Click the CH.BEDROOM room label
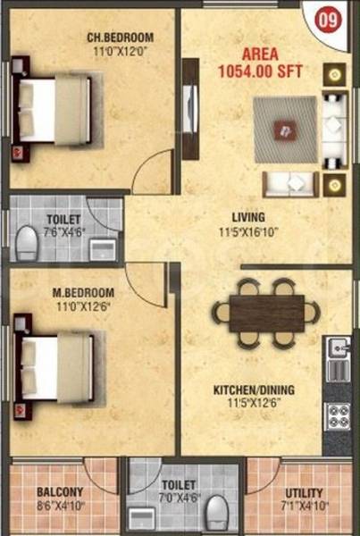120,38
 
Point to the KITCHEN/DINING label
254,390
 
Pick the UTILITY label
303,492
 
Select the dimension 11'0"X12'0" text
120,52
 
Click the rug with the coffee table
284,129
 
